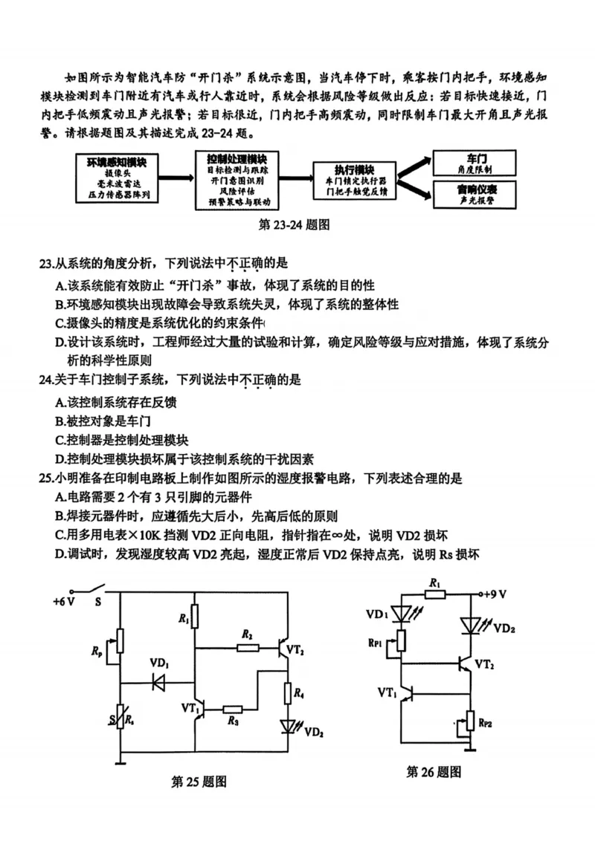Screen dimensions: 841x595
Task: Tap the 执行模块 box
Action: (x=355, y=181)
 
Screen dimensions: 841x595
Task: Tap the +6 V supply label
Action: (x=65, y=602)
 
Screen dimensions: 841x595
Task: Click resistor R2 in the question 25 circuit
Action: (x=248, y=647)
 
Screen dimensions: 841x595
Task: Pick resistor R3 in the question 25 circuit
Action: (x=233, y=710)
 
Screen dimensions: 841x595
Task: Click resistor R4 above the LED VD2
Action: (x=288, y=693)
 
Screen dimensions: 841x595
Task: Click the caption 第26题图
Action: (x=434, y=772)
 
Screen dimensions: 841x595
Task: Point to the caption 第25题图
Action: (x=199, y=781)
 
